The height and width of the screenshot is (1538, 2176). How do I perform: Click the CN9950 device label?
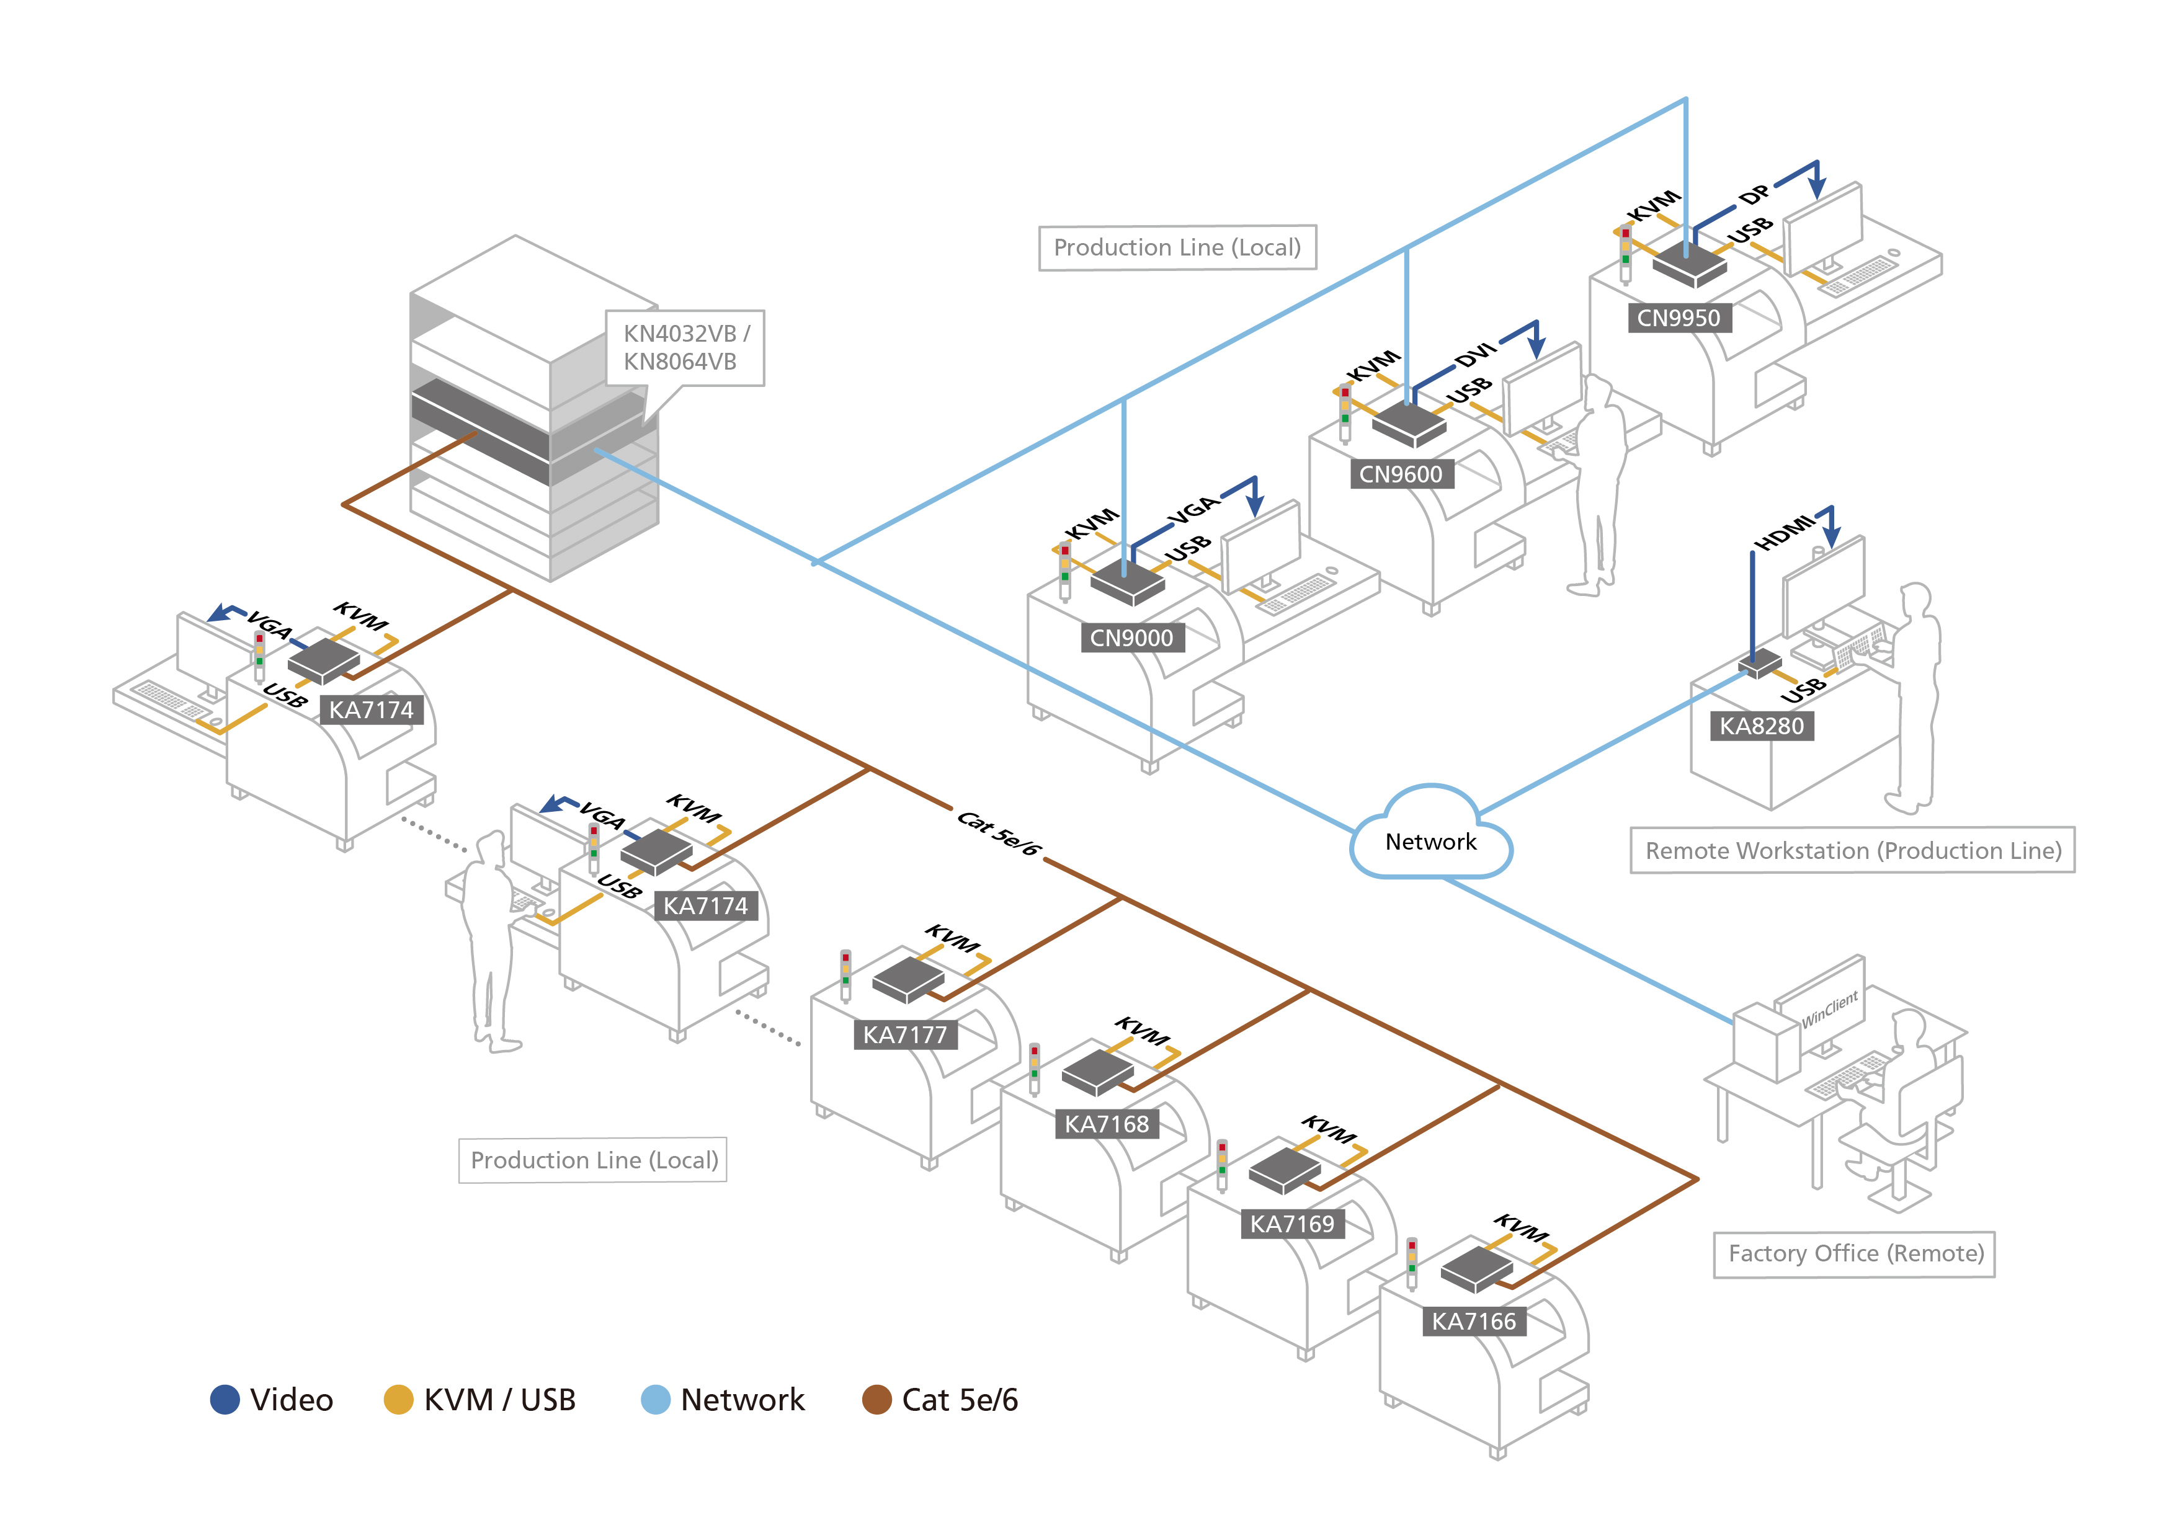(1679, 318)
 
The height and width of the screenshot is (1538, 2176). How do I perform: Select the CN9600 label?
(1400, 474)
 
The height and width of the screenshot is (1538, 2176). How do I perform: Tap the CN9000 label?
(1131, 638)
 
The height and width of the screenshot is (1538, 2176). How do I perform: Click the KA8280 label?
(1761, 726)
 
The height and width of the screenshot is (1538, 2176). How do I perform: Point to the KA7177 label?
(904, 1035)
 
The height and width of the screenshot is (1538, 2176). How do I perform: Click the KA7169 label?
(1291, 1224)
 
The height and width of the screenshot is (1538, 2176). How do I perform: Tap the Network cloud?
(1430, 840)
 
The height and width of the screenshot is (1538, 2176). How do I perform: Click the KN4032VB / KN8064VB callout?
(685, 348)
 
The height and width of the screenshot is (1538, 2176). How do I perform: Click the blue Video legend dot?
(225, 1400)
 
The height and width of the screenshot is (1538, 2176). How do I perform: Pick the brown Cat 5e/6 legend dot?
(876, 1400)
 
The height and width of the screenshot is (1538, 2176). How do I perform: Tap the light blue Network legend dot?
(655, 1400)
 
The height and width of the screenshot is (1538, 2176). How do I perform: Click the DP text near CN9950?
(1754, 194)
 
